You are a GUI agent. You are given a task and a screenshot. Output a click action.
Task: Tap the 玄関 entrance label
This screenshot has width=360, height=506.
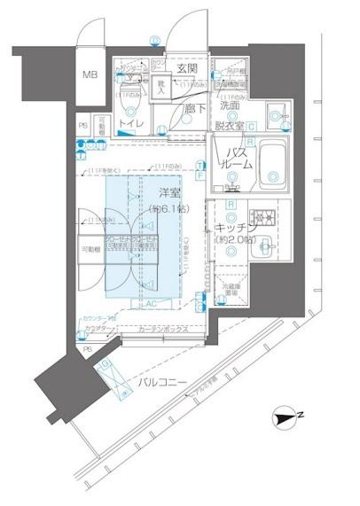186,68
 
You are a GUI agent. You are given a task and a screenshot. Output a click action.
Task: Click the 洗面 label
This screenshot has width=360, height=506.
231,105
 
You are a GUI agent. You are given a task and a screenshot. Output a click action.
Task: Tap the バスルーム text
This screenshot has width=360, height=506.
234,160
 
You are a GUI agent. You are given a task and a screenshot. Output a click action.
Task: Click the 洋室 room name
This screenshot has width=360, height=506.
172,192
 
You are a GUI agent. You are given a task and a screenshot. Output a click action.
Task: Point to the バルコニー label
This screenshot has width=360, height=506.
162,382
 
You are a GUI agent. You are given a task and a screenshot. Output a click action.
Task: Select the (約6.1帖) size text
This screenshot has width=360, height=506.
170,209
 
